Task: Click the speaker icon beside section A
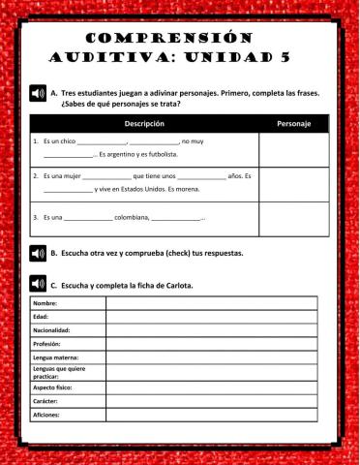[38, 94]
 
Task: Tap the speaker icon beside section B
[38, 254]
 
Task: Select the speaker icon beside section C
[38, 285]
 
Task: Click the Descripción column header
[144, 124]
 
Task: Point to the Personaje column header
[293, 124]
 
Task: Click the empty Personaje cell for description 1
[293, 149]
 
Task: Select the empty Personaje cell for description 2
[293, 184]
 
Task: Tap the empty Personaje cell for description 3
[293, 219]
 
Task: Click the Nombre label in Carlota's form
[45, 303]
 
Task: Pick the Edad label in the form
[41, 317]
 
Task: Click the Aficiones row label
[46, 414]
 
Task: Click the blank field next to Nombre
[210, 303]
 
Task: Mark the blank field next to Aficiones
[210, 414]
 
